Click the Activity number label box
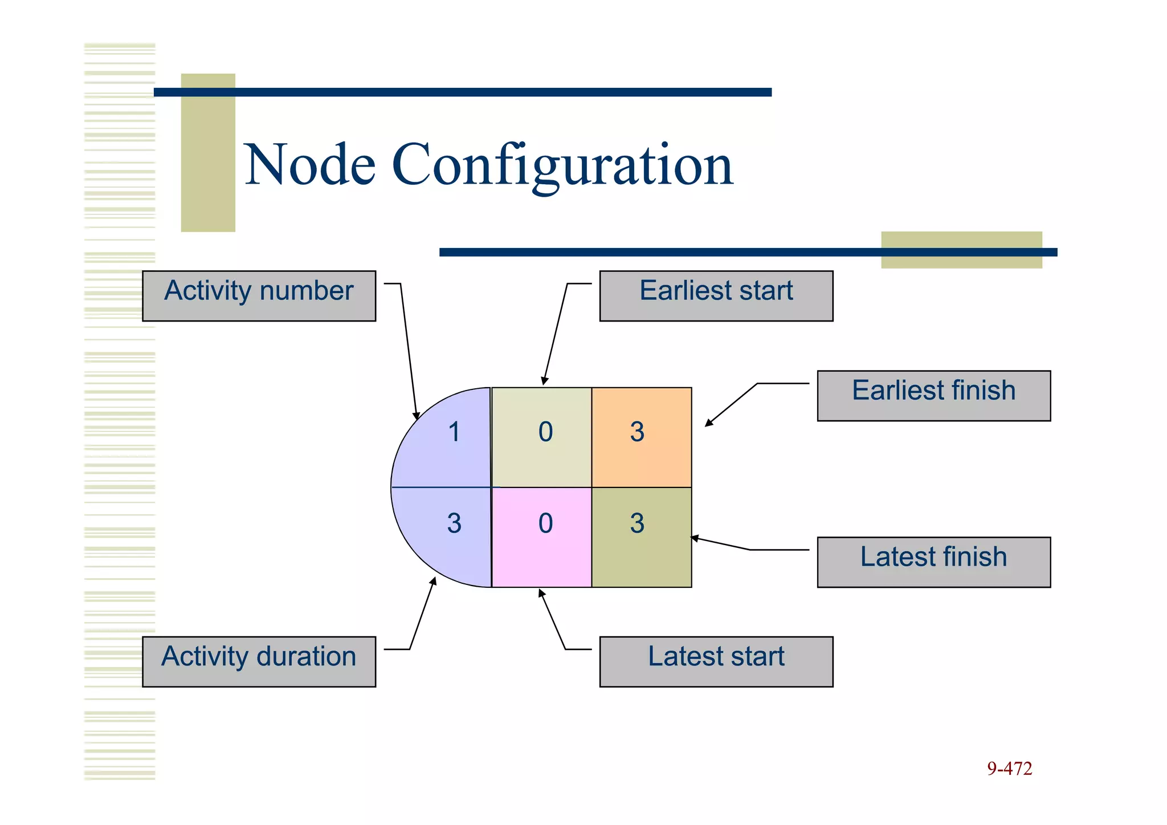(259, 295)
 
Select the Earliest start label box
(716, 295)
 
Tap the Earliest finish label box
(933, 396)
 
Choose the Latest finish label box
(933, 562)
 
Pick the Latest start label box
(716, 661)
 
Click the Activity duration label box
(259, 661)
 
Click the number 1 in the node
(454, 432)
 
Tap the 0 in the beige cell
(545, 432)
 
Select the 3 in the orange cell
(637, 432)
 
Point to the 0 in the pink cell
(545, 523)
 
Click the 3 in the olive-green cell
(637, 523)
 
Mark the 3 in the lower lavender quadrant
(454, 523)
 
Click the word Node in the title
(310, 165)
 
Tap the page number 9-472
(1009, 769)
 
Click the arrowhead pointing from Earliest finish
(708, 423)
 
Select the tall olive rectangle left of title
(208, 152)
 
